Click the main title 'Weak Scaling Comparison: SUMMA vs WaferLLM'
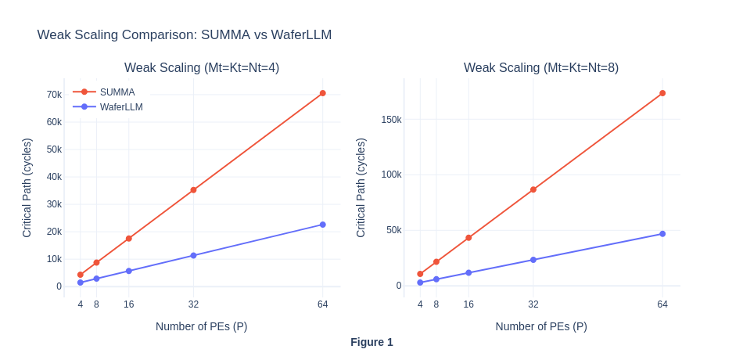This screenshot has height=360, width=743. click(184, 35)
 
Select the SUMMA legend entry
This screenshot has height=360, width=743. click(117, 92)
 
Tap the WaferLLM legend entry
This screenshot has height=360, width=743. click(120, 107)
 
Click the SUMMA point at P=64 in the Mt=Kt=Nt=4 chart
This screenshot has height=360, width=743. click(322, 93)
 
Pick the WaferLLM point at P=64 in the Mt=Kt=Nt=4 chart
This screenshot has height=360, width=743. click(322, 225)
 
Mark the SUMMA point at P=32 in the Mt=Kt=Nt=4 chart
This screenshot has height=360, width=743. click(193, 190)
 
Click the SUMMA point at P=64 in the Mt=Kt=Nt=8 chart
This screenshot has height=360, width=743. click(662, 93)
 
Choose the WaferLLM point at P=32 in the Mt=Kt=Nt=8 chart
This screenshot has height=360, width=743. click(533, 260)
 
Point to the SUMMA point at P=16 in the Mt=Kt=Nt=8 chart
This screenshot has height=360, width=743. click(468, 238)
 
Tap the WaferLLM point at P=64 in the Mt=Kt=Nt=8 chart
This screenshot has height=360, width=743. click(662, 234)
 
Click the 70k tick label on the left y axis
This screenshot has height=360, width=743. click(54, 95)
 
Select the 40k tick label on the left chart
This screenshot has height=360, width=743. click(54, 177)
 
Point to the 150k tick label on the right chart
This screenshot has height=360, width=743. click(391, 120)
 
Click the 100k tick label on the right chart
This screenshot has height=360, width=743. click(391, 175)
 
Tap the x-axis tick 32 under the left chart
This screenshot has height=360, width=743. click(193, 304)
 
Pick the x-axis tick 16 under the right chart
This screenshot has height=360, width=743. click(468, 304)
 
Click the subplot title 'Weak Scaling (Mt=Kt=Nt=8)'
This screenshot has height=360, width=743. click(541, 68)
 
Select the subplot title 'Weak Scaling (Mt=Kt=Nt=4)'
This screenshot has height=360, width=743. click(202, 68)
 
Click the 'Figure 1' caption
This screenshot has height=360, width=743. click(371, 342)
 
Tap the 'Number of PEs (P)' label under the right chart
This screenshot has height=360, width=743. click(541, 326)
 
